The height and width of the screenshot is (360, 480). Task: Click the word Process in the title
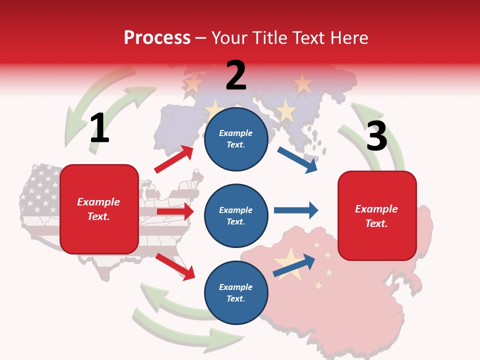click(x=157, y=38)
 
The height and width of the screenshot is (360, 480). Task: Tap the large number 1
click(x=99, y=128)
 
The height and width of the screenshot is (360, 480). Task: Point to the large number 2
click(x=236, y=75)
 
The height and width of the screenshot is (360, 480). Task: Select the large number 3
click(x=376, y=136)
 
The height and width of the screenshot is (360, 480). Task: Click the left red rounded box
click(x=99, y=209)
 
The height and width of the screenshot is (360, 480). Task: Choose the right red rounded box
click(x=377, y=215)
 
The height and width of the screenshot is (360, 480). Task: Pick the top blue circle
click(x=236, y=139)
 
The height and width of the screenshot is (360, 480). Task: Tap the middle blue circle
click(x=236, y=216)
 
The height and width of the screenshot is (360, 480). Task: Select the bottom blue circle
click(x=236, y=292)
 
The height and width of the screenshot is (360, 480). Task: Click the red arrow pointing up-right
click(x=174, y=159)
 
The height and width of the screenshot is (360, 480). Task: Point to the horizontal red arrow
click(x=175, y=211)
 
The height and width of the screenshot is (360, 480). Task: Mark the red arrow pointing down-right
click(x=175, y=266)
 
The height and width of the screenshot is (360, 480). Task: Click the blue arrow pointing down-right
click(x=297, y=160)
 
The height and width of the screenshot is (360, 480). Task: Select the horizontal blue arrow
click(x=296, y=210)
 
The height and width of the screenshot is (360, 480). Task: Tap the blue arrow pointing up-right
click(x=294, y=266)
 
